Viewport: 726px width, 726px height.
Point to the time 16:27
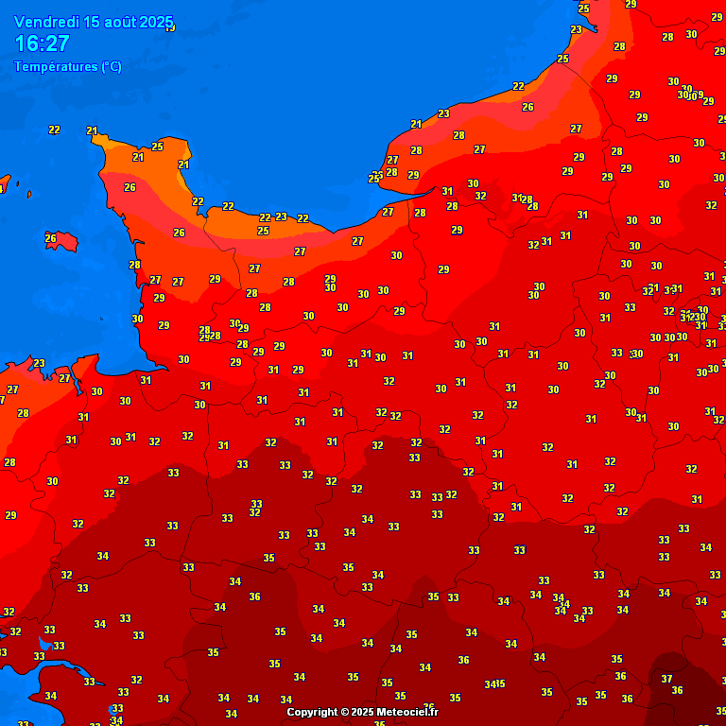tap(42, 43)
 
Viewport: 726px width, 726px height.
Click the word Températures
tap(56, 66)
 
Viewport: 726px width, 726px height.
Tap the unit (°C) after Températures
tap(111, 66)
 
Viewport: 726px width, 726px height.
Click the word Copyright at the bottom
tap(312, 712)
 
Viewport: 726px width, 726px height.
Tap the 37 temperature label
tap(666, 679)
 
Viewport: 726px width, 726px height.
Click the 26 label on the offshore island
tap(51, 238)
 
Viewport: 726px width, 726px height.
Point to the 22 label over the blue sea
tap(54, 130)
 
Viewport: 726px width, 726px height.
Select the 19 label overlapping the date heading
tap(170, 27)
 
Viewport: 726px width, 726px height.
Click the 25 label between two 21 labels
tap(157, 147)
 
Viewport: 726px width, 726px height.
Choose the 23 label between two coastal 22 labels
tap(281, 216)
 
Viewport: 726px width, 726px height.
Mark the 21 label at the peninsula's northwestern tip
tap(92, 130)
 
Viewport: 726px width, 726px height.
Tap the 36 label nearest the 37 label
tap(677, 690)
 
